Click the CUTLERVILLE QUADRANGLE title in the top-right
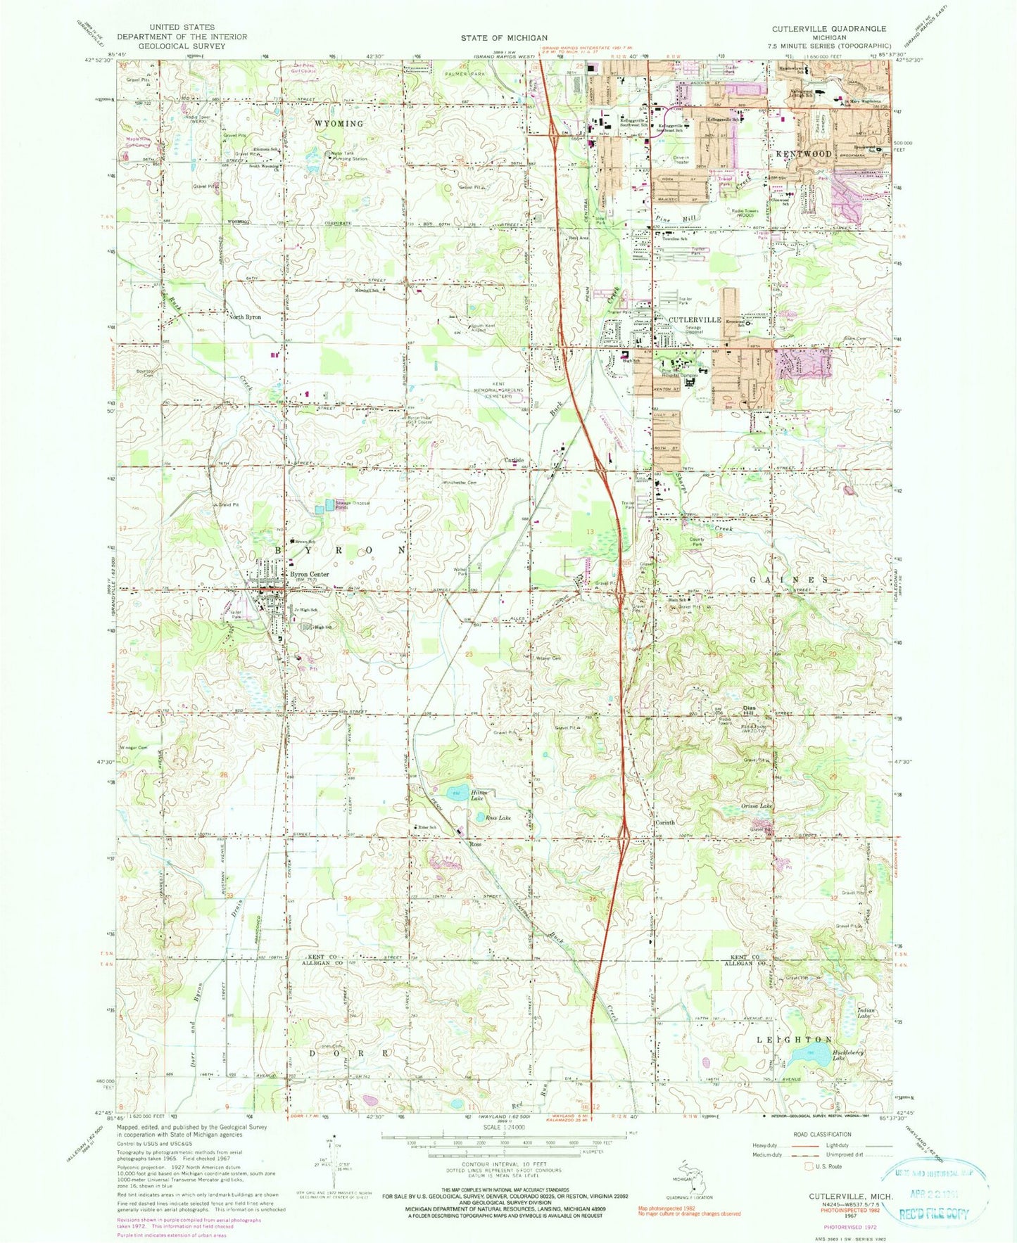[819, 29]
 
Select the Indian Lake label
[867, 1014]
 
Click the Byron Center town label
[310, 574]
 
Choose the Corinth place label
[664, 822]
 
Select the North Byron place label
[245, 317]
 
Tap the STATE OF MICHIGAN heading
[504, 38]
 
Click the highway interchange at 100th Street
[625, 836]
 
